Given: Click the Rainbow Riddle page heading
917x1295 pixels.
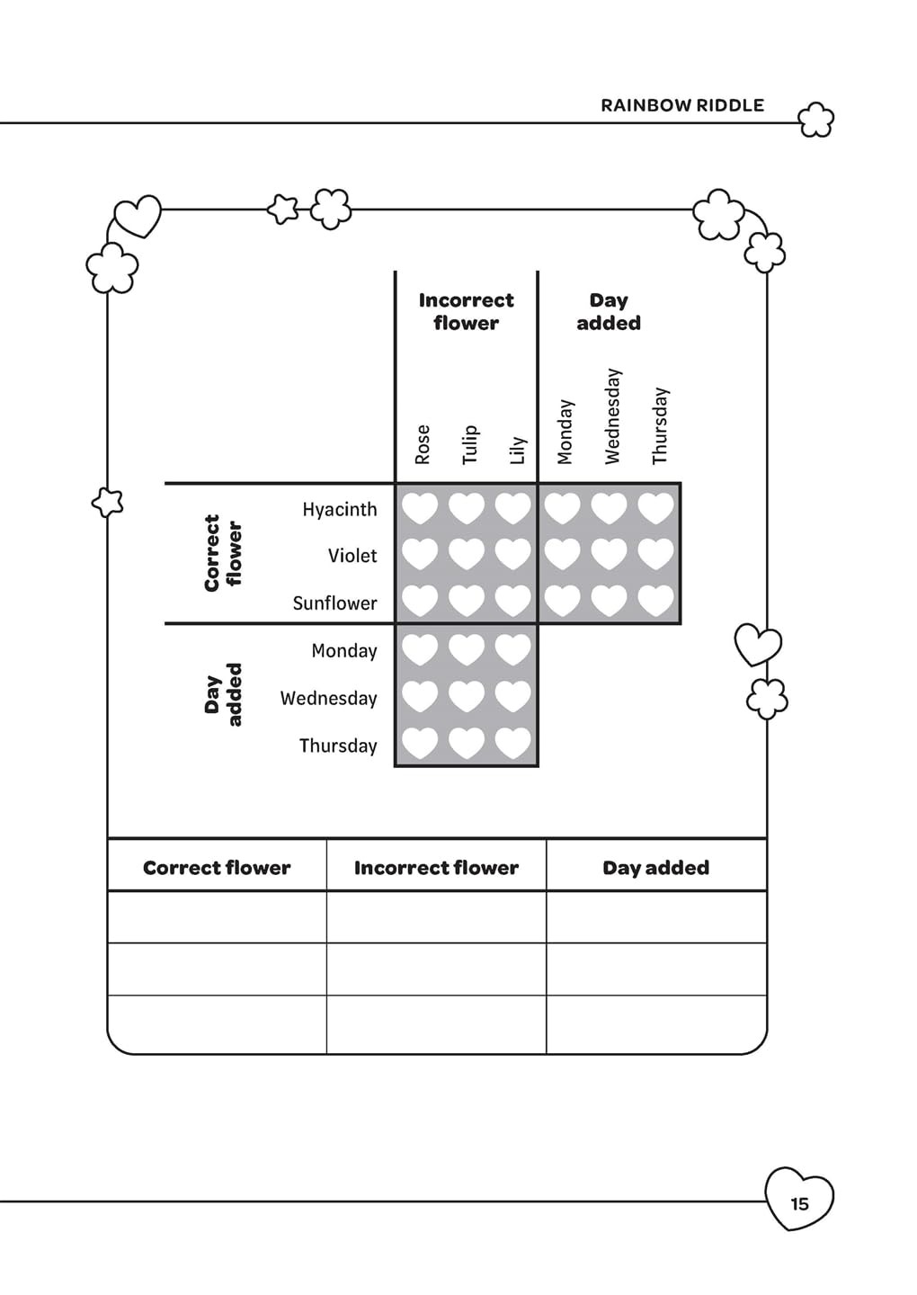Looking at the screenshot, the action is (682, 105).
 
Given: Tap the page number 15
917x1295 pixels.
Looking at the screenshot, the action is (799, 1203).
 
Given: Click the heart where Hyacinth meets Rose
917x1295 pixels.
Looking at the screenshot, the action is (420, 508).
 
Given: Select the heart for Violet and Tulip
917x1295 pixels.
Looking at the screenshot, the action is (467, 554).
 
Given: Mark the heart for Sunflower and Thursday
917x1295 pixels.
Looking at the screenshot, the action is (655, 600).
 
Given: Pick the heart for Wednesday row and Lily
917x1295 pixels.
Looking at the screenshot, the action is (513, 696).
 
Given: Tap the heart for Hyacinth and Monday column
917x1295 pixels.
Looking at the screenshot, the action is (562, 508).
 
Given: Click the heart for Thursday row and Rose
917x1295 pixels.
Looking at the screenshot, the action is (420, 743).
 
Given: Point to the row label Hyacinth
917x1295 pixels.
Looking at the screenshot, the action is (340, 509).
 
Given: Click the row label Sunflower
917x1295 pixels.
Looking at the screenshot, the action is (335, 603).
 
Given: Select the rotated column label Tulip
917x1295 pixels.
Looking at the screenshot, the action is (470, 444).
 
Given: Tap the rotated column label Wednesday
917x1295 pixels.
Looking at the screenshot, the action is (612, 416).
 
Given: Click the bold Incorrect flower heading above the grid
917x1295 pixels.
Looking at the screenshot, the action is (467, 311).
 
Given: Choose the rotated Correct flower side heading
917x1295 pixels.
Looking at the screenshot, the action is (223, 553).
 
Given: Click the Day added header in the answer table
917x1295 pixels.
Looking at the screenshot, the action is (655, 867).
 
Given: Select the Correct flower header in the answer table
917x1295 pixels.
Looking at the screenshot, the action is (217, 867).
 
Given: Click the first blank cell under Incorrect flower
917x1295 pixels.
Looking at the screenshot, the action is (436, 917).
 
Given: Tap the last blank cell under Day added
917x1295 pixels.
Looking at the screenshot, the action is (656, 1023).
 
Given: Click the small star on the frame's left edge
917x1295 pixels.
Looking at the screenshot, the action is (108, 502).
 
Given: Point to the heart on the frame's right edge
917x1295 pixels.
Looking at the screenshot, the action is (758, 644).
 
